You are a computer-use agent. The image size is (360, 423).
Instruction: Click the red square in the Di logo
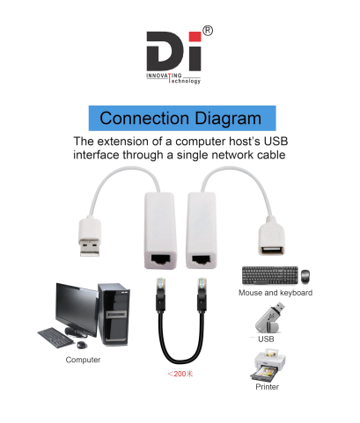click(195, 37)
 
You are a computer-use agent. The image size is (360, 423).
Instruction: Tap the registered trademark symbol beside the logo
click(208, 31)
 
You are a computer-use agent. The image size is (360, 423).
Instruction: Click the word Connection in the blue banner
click(144, 119)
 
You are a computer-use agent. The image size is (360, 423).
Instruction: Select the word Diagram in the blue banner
click(228, 119)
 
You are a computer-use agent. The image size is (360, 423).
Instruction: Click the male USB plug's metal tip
click(90, 248)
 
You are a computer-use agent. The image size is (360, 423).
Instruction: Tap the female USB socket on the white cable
click(271, 251)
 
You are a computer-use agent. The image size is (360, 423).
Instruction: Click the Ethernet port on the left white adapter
click(160, 259)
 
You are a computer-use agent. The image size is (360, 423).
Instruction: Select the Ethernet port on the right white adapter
click(202, 259)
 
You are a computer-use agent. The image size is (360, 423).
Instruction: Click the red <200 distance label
click(180, 374)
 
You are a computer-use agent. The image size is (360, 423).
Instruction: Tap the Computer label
click(83, 360)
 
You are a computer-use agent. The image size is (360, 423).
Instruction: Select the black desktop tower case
click(114, 314)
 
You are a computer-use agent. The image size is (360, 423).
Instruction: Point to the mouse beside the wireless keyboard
click(305, 276)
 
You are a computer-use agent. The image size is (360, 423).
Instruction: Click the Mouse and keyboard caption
click(276, 293)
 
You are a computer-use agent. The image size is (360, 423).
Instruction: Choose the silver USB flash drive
click(270, 318)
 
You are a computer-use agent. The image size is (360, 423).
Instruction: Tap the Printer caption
click(267, 387)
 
